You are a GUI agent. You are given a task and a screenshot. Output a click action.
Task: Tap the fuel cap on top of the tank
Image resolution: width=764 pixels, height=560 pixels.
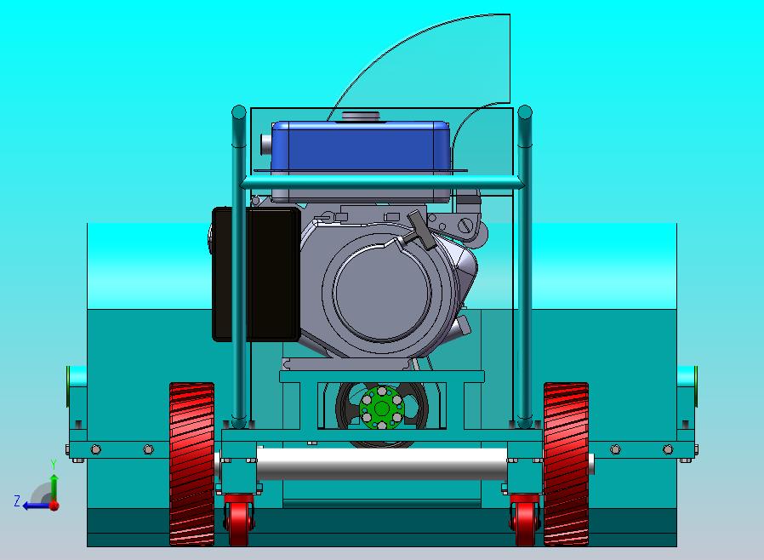[361, 116]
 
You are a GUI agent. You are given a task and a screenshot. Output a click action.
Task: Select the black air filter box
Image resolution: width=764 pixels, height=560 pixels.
[256, 274]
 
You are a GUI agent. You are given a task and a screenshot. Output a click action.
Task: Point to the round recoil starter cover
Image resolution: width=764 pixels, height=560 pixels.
[382, 292]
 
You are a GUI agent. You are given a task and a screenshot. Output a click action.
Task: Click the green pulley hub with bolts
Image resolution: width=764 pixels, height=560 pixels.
[382, 408]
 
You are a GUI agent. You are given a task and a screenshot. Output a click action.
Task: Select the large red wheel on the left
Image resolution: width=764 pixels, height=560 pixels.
[191, 464]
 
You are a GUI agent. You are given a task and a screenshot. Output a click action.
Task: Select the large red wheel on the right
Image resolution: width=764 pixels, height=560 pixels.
[566, 464]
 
